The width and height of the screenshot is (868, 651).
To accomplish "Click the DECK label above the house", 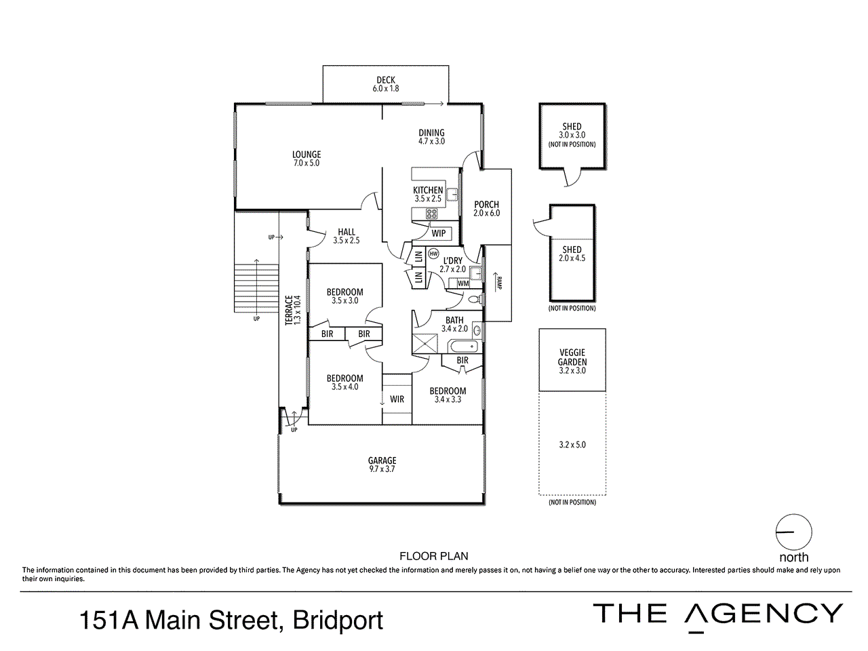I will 385,80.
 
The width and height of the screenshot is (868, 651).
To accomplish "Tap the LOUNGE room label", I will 307,155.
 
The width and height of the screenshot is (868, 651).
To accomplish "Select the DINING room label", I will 431,133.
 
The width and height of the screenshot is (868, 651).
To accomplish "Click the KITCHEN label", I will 428,191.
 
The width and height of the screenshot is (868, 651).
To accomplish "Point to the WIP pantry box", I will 439,233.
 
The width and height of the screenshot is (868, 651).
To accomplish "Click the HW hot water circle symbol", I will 433,253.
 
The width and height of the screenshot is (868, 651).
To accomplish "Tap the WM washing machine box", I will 463,283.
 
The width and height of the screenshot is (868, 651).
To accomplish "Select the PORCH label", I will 486,204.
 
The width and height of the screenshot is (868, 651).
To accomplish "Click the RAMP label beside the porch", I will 498,284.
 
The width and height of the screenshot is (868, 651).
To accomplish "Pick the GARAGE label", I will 382,460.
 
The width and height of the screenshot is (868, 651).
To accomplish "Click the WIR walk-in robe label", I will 397,399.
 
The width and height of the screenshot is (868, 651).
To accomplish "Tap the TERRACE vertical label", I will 289,310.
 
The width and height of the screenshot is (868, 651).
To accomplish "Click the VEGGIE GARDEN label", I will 572,357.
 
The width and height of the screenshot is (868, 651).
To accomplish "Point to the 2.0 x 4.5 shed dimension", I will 572,258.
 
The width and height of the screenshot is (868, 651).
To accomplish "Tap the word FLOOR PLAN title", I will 434,556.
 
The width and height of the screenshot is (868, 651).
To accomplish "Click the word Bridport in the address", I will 338,620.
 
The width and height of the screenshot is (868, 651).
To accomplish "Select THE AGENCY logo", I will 717,614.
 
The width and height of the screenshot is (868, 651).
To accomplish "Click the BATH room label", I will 454,320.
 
